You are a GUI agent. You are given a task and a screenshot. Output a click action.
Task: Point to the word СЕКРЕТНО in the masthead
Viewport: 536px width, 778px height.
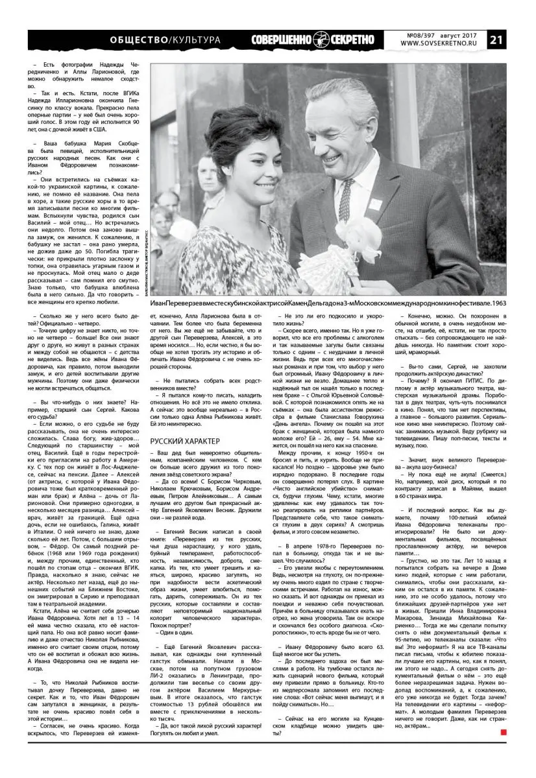pos(353,40)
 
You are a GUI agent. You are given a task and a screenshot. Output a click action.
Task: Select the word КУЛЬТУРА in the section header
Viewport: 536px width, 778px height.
pos(194,40)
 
